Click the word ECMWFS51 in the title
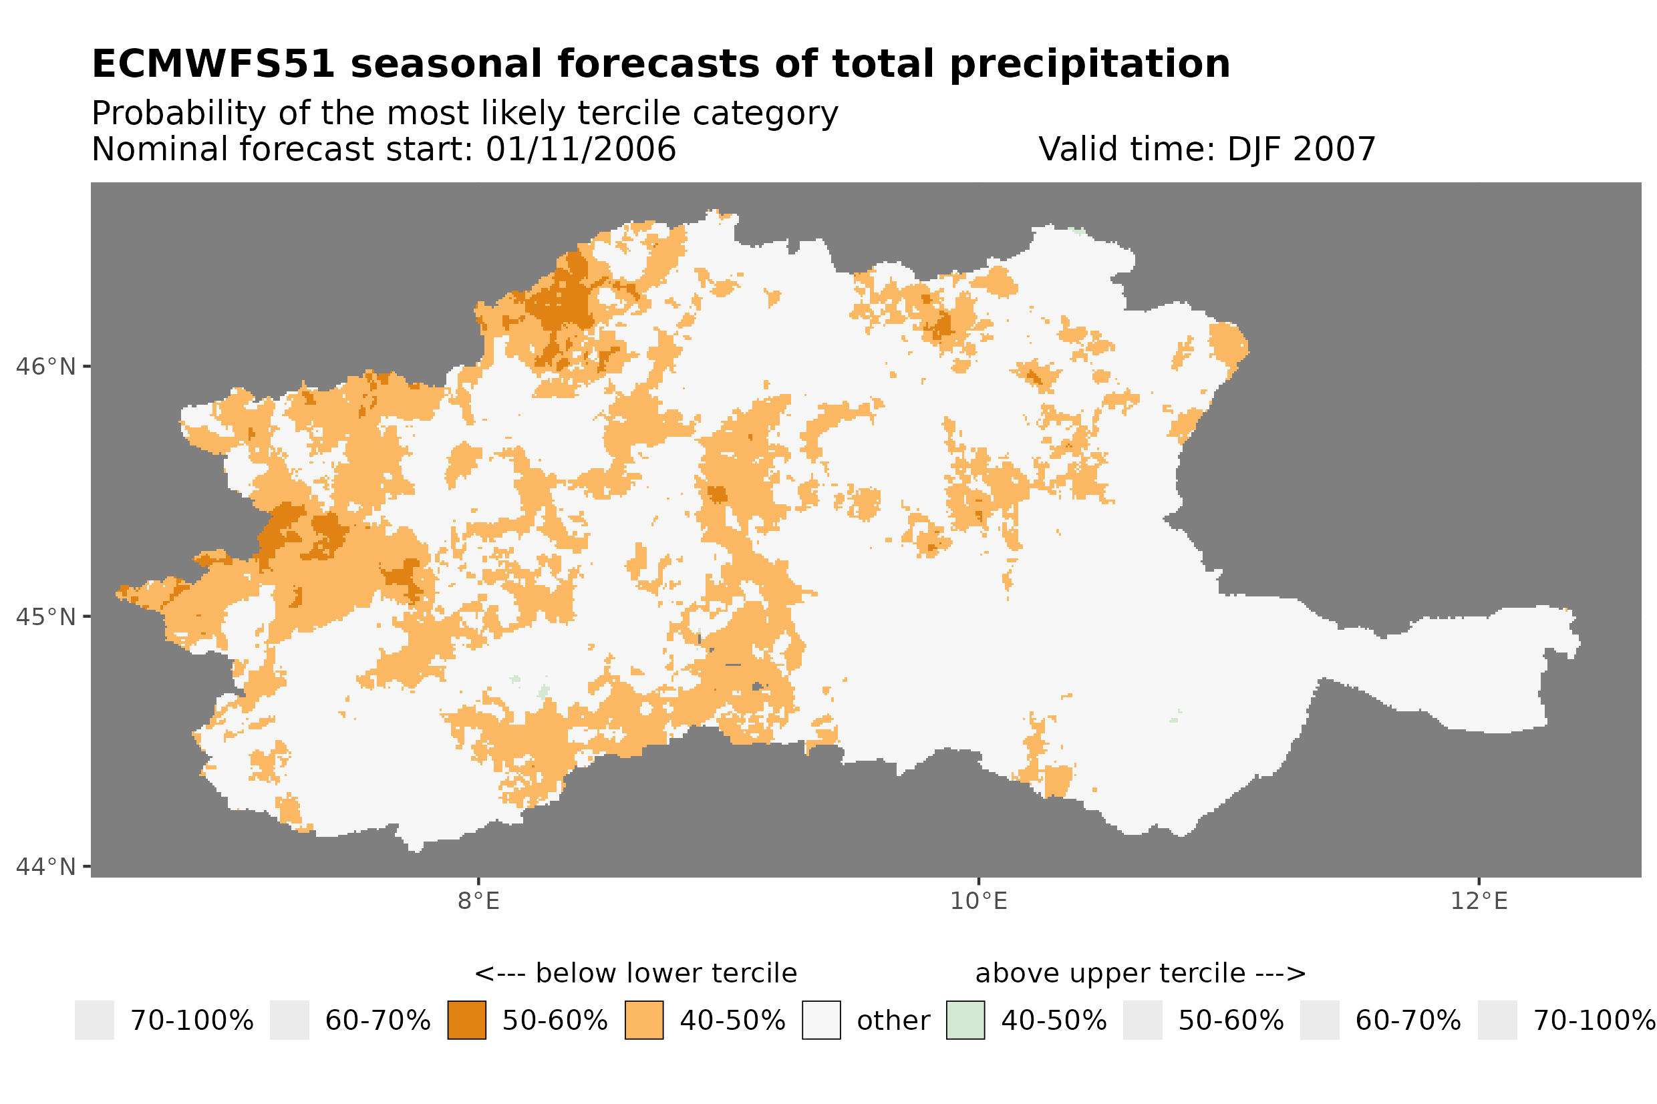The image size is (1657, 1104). pyautogui.click(x=212, y=64)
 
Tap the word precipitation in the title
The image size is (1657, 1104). pyautogui.click(x=1088, y=64)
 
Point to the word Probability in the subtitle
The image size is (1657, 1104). pyautogui.click(x=178, y=114)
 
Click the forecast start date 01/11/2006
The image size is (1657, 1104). pyautogui.click(x=580, y=149)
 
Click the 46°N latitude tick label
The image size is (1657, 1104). pyautogui.click(x=45, y=367)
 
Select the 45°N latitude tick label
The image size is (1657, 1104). pyautogui.click(x=45, y=616)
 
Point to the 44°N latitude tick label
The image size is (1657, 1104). pyautogui.click(x=45, y=867)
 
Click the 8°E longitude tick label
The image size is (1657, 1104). pyautogui.click(x=478, y=901)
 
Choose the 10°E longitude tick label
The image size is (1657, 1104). pyautogui.click(x=978, y=901)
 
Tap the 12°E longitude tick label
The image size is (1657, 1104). pyautogui.click(x=1478, y=901)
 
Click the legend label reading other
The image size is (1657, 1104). pyautogui.click(x=893, y=1021)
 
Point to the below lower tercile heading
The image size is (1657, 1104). pyautogui.click(x=635, y=974)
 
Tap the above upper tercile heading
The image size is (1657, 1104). pyautogui.click(x=1140, y=974)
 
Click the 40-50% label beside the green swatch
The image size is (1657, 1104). pyautogui.click(x=1054, y=1021)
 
